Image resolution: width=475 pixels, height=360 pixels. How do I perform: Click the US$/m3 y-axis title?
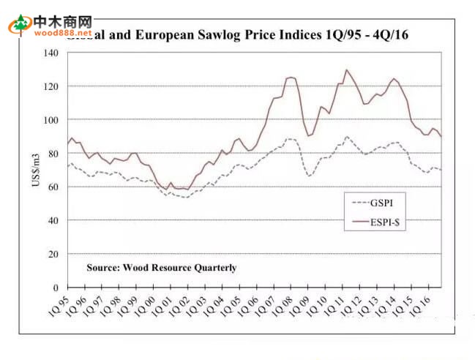coord(34,170)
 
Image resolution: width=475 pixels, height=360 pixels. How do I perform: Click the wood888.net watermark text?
coord(62,33)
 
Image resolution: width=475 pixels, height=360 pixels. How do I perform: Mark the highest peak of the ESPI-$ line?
coord(346,70)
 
